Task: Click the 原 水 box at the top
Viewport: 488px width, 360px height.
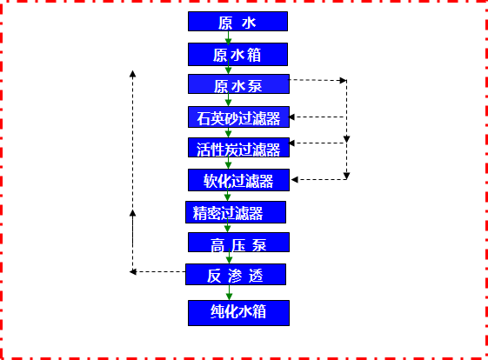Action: tap(237, 22)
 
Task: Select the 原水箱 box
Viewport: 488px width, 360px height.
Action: tap(237, 54)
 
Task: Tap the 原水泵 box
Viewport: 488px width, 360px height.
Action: tap(237, 84)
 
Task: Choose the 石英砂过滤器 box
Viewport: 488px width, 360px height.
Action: tap(237, 116)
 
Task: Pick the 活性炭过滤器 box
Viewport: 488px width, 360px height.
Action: tap(237, 148)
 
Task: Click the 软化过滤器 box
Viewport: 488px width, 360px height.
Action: tap(238, 180)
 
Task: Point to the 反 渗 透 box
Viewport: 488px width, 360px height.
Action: tap(235, 275)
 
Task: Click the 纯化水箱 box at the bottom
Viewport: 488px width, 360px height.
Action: tap(237, 312)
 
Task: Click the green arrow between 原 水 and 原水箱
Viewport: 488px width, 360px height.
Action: tap(228, 38)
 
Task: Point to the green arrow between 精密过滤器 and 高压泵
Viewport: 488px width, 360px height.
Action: tap(228, 228)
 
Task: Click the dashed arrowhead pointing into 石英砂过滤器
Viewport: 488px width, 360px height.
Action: tap(294, 116)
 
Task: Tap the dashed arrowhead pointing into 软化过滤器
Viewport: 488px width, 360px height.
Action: tap(295, 179)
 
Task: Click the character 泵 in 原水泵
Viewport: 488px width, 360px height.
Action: tap(256, 85)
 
